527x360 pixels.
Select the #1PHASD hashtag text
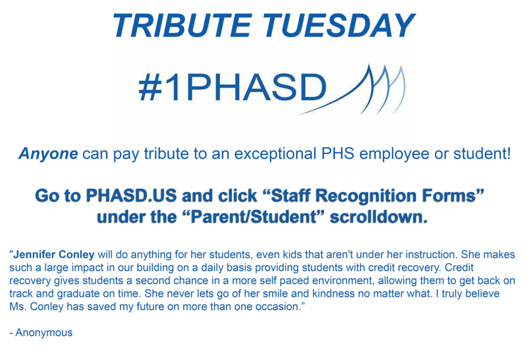coord(232,88)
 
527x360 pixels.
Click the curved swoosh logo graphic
coord(360,90)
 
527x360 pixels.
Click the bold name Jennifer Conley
coord(54,254)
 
